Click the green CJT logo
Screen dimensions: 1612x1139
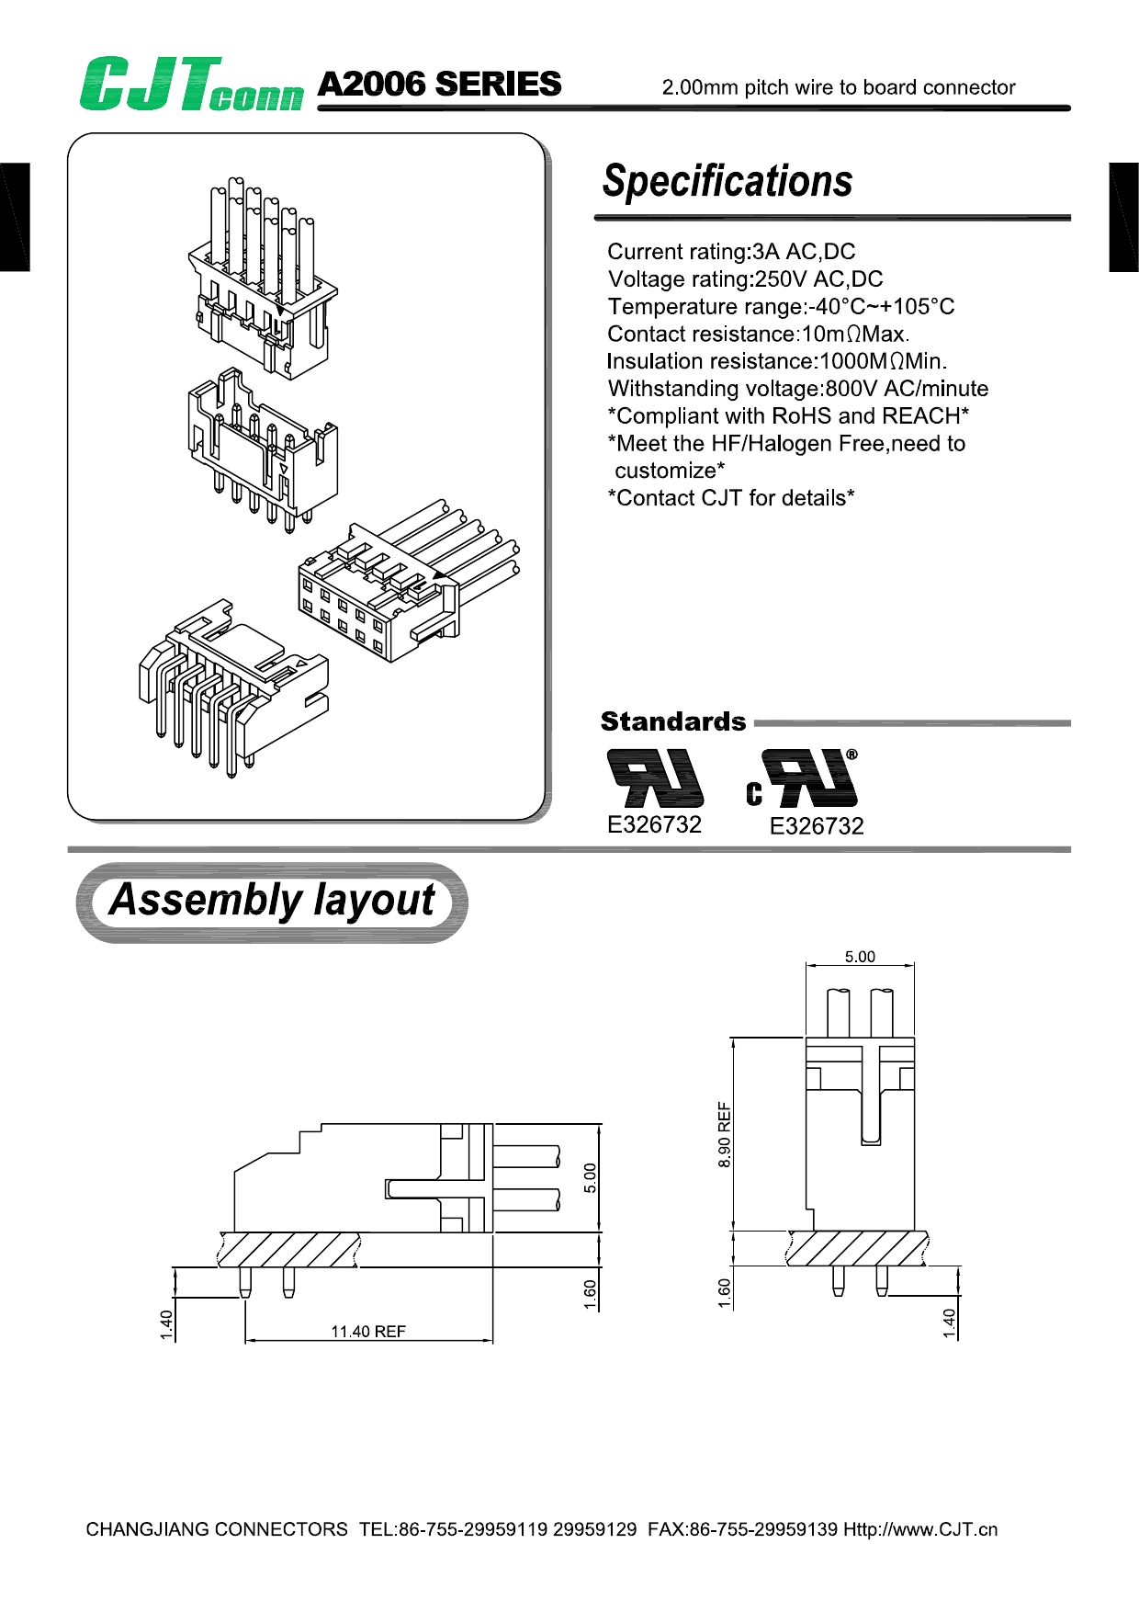191,85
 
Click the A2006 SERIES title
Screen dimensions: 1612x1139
439,85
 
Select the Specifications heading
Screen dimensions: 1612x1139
727,181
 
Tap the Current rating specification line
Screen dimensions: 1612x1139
731,252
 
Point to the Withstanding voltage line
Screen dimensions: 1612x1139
797,389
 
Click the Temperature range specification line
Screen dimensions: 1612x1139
781,307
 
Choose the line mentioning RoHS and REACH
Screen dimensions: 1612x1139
788,416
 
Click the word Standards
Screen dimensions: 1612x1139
672,721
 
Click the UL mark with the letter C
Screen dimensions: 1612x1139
803,779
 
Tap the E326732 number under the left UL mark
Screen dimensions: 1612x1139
654,824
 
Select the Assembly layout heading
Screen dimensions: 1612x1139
272,901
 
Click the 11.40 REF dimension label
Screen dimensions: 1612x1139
368,1332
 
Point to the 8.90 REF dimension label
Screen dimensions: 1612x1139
725,1134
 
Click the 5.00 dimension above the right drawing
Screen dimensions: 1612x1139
860,957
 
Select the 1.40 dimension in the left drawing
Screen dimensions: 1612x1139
166,1324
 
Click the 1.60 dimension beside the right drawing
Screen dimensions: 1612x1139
725,1292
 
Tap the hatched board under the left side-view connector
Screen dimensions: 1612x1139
289,1250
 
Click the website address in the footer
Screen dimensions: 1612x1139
920,1529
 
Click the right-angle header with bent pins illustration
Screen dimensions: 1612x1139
230,689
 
